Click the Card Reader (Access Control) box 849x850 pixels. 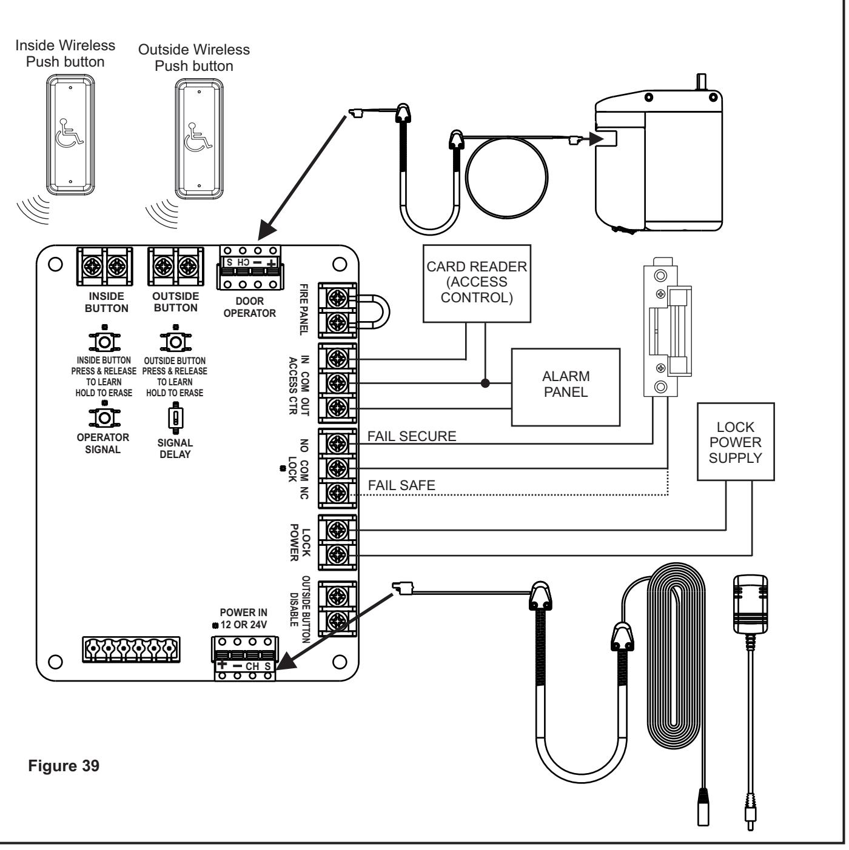[477, 284]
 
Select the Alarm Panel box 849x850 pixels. [566, 387]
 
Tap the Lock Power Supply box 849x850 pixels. [736, 442]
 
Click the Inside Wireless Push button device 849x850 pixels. [71, 134]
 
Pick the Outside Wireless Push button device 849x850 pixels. [199, 139]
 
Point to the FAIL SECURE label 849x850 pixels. [412, 436]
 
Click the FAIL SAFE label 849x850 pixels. [401, 485]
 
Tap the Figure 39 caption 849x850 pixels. [64, 766]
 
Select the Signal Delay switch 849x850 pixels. [175, 417]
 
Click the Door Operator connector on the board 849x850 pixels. [250, 267]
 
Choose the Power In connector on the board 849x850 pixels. [245, 659]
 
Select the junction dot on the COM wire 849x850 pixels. [485, 383]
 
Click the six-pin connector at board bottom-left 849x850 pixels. [131, 649]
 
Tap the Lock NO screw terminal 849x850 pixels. [338, 443]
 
